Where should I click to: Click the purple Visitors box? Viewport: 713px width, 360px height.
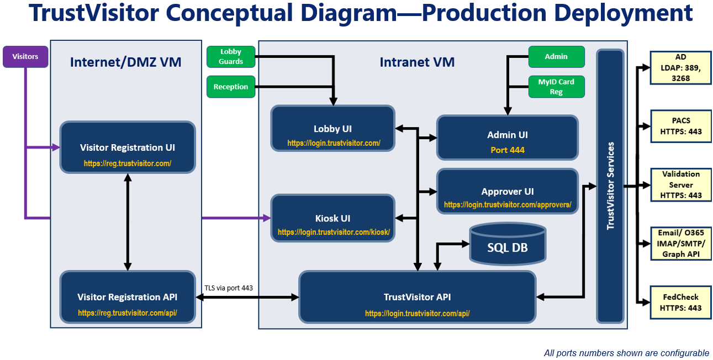[25, 56]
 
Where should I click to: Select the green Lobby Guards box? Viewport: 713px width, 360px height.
[231, 57]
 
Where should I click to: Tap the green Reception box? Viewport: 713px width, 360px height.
[231, 87]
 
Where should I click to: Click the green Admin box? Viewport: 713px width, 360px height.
[556, 56]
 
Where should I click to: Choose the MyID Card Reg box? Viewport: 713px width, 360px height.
[556, 87]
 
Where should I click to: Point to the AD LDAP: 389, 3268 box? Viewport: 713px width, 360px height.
[680, 68]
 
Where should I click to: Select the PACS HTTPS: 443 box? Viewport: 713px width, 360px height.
[680, 126]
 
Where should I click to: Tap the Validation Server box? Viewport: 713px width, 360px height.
[680, 184]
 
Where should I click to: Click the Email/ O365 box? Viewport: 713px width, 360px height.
[680, 243]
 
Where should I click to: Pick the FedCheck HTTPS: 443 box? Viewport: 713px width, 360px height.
[680, 302]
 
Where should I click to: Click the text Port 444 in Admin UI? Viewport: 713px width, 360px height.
[507, 150]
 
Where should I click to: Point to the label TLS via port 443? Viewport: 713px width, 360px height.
[229, 288]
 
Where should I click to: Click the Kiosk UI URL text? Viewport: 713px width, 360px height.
[334, 232]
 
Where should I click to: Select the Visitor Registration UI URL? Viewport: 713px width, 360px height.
[128, 163]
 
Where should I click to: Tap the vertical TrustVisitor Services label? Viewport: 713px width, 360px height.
[610, 186]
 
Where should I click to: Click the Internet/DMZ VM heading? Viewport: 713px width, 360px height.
[125, 62]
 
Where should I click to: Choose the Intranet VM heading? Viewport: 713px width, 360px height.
[417, 62]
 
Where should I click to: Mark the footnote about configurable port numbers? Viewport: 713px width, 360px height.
[626, 353]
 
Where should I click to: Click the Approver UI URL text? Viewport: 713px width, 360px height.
[507, 205]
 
